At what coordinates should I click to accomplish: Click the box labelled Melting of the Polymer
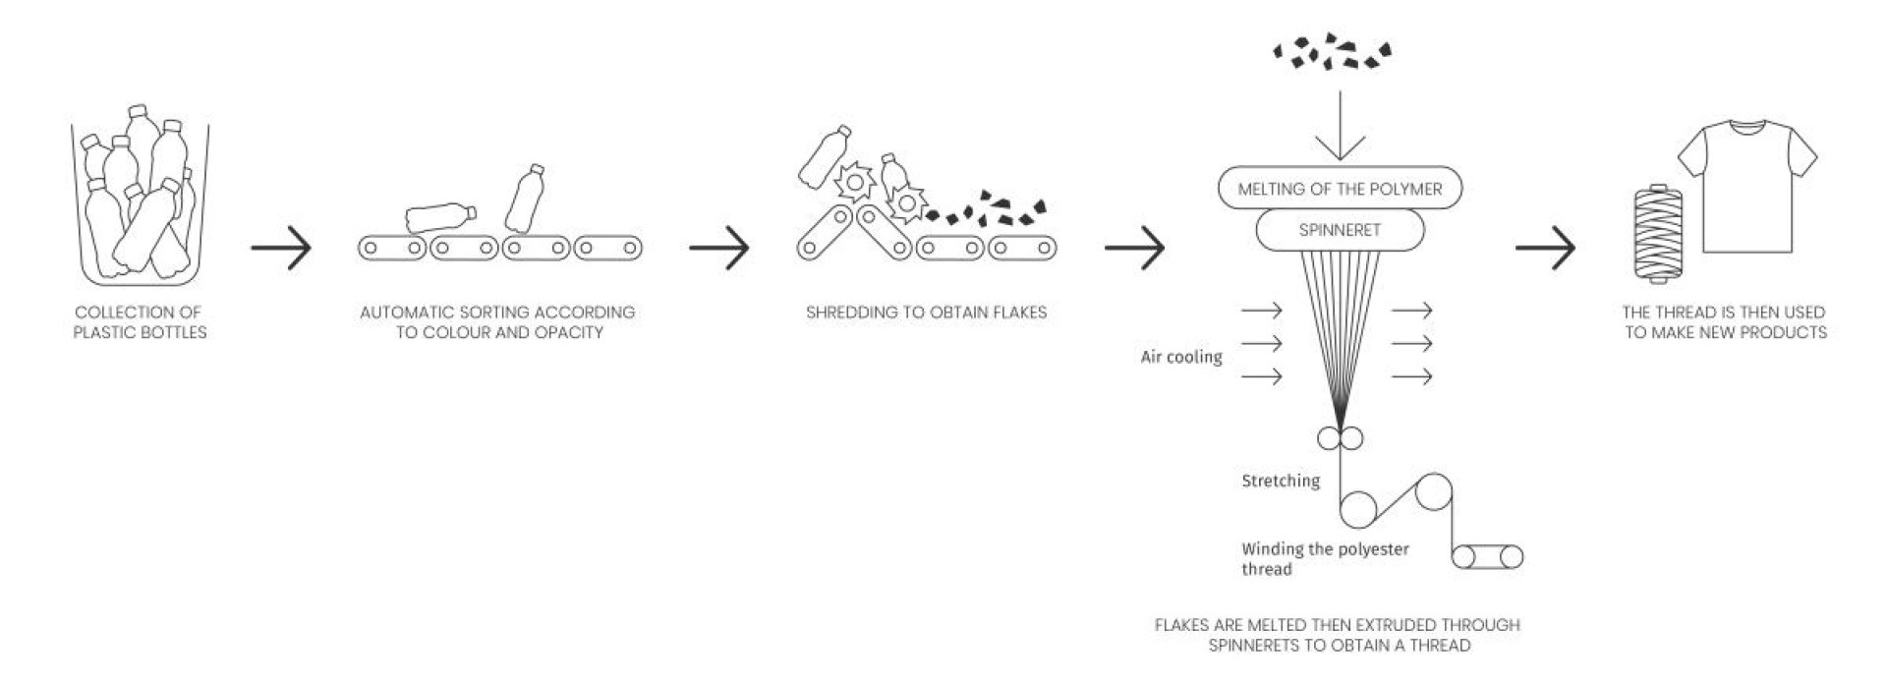click(1340, 189)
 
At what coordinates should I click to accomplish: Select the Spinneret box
click(1340, 230)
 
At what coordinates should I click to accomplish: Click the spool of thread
click(1658, 233)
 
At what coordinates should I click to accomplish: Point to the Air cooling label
click(1181, 357)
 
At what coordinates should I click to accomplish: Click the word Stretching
click(1281, 481)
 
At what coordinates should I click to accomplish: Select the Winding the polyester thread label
click(1324, 559)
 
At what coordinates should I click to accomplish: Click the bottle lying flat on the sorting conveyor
click(439, 217)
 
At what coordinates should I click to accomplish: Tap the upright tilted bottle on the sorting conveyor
click(525, 198)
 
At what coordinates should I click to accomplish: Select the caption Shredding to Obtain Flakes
click(926, 313)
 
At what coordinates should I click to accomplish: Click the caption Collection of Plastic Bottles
click(140, 322)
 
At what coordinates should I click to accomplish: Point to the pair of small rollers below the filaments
click(1340, 438)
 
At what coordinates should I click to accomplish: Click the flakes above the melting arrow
click(1333, 52)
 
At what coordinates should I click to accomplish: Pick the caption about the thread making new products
click(1725, 322)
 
